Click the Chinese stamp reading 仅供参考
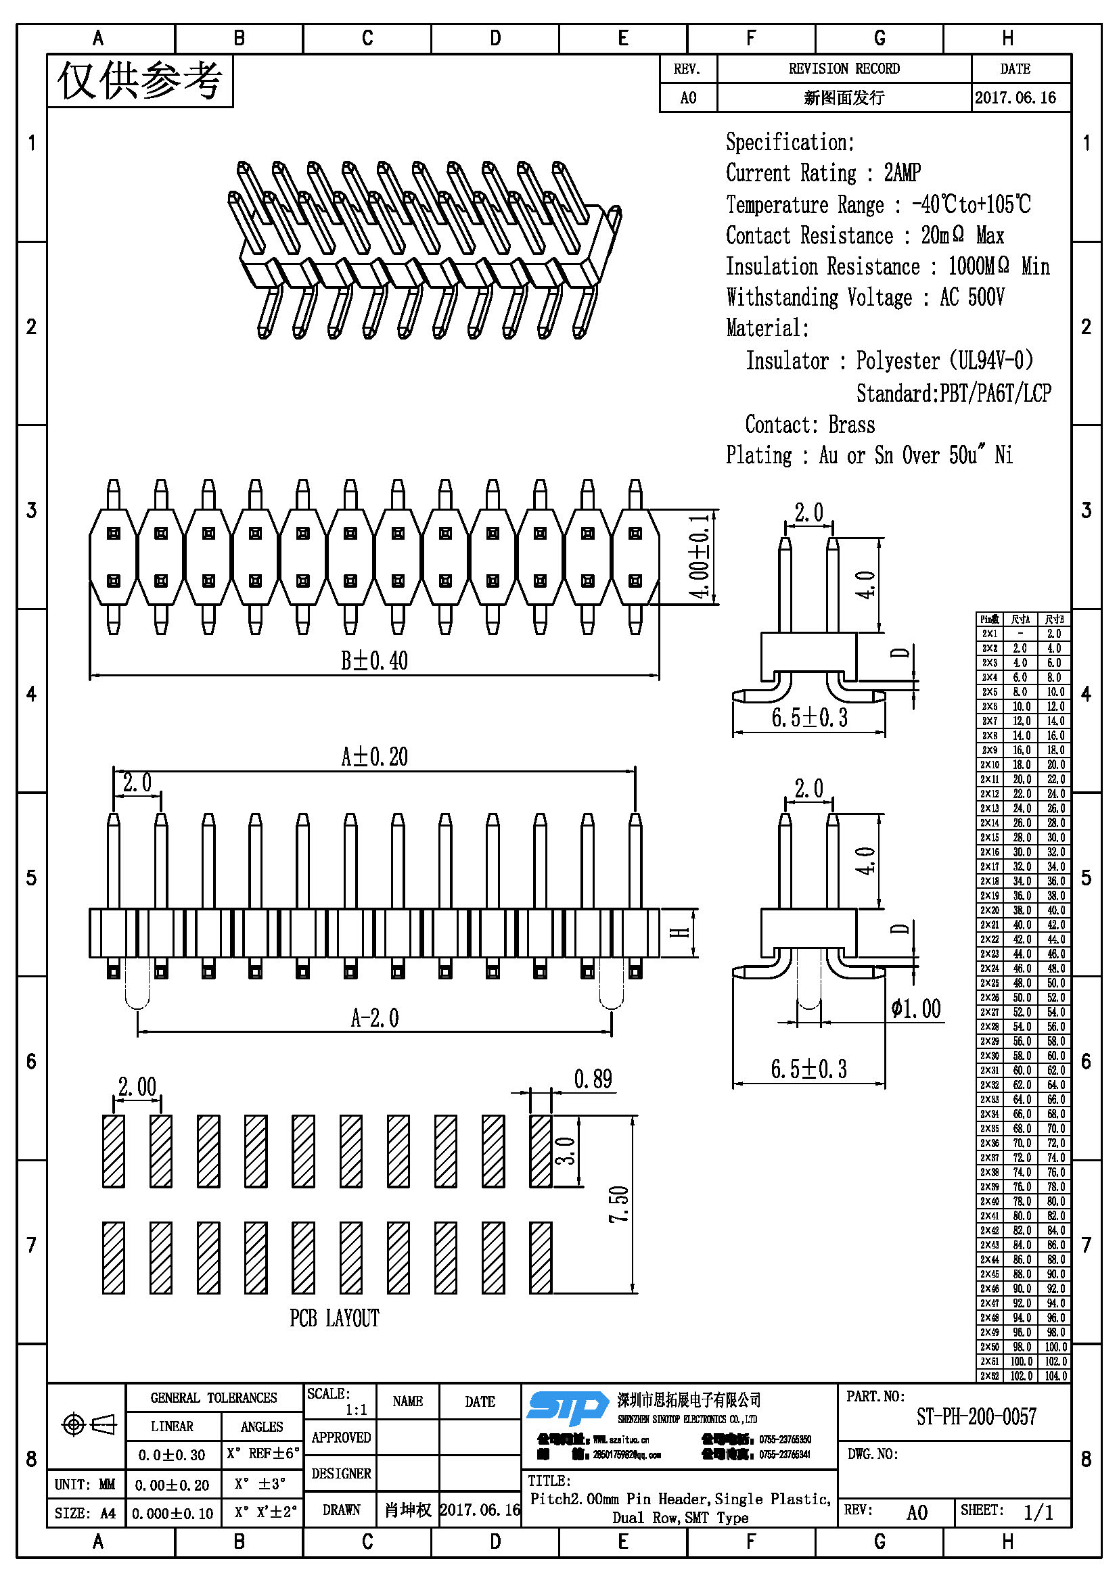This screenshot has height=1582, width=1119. [140, 80]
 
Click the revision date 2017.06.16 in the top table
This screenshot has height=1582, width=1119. [1015, 97]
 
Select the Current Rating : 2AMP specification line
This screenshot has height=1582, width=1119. [823, 172]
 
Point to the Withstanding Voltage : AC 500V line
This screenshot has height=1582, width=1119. [865, 297]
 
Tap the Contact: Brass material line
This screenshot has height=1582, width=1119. [810, 425]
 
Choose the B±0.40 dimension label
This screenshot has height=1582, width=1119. [374, 661]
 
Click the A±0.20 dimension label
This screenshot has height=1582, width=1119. [374, 757]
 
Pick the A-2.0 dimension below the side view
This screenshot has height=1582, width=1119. [374, 1018]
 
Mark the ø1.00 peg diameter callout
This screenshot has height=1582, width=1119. [915, 1008]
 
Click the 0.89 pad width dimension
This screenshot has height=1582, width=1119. [593, 1079]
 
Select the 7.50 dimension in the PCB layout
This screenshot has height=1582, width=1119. [619, 1204]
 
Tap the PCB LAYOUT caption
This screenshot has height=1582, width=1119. [334, 1318]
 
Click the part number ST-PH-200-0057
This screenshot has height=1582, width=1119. [976, 1417]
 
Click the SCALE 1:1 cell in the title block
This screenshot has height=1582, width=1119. [340, 1401]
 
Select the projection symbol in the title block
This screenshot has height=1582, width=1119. [89, 1424]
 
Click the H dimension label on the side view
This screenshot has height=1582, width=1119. [681, 932]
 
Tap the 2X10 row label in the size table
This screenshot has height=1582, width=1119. [990, 765]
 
